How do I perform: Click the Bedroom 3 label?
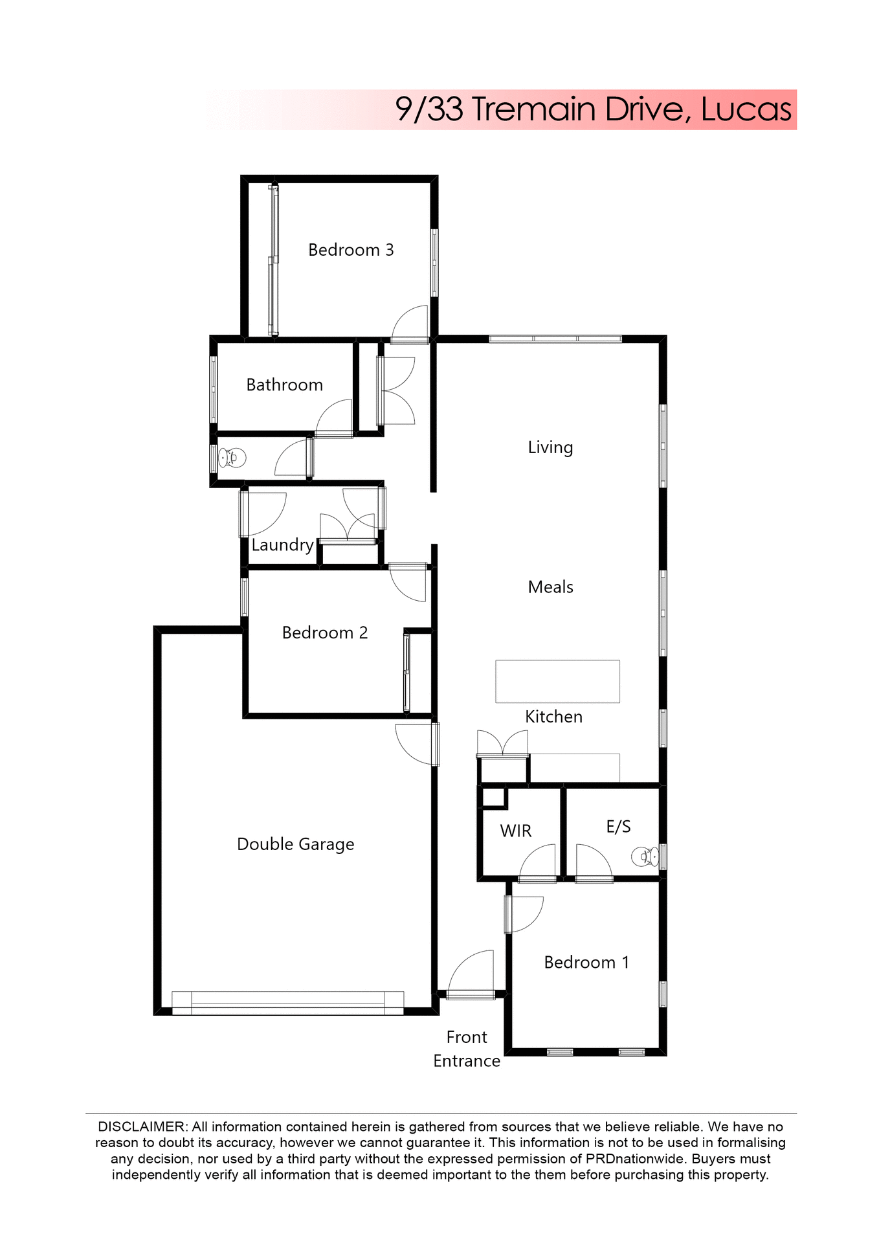pos(351,250)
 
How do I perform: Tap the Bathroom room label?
pos(284,385)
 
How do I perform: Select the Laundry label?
pos(282,545)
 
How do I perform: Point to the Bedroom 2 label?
pos(325,633)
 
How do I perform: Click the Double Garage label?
pos(295,844)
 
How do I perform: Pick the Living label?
pos(550,447)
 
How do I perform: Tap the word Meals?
pos(550,587)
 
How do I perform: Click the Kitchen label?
pos(553,717)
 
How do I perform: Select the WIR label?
pos(515,831)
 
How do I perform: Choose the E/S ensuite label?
pos(618,827)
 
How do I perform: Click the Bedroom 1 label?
pos(586,963)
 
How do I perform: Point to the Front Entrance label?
pos(467,1049)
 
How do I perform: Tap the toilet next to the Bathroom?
pos(232,458)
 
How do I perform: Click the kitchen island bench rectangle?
pos(557,681)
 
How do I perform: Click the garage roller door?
pos(287,1003)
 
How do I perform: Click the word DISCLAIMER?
pos(142,1127)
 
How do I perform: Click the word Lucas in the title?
pos(746,109)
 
